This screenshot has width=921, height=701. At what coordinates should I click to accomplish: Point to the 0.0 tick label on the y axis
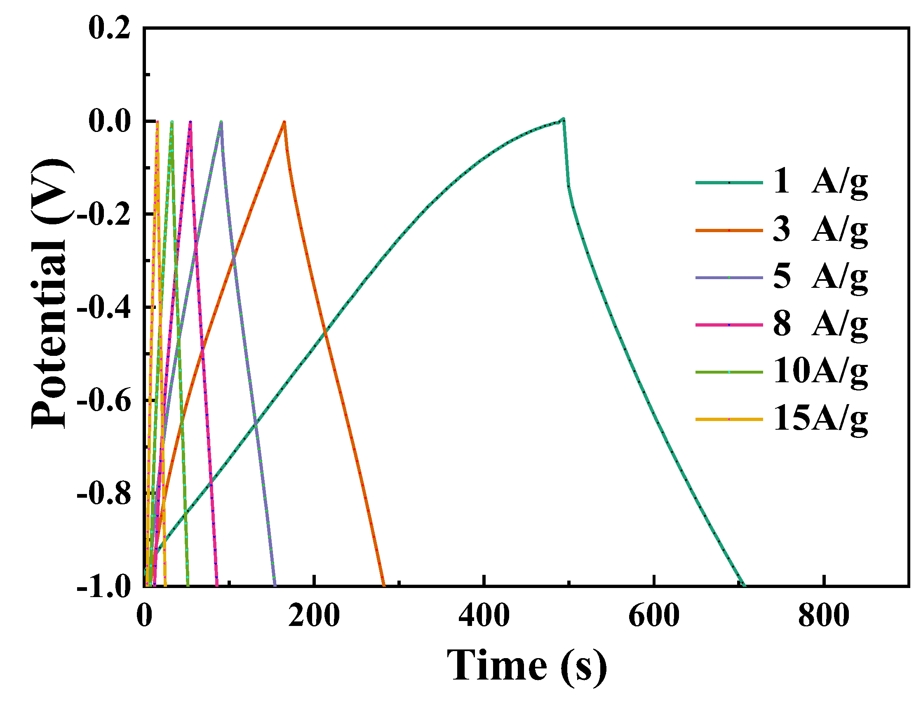coord(109,122)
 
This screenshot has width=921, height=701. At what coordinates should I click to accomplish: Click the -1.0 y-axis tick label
coord(103,587)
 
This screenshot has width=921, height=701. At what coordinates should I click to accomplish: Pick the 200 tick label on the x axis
coord(314,616)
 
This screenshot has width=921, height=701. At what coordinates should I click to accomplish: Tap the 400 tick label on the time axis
coord(484,616)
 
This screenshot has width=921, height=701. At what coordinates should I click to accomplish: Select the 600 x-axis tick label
coord(653,616)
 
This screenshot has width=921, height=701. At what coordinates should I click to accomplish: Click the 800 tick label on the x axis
coord(823,616)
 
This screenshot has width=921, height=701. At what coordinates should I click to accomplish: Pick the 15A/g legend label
coord(820,419)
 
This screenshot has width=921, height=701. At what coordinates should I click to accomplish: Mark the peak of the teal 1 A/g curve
coord(564,119)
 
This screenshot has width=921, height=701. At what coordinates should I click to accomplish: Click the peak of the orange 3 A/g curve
coord(284,122)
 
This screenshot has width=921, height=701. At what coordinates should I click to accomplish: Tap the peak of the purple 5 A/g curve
coord(221,122)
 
